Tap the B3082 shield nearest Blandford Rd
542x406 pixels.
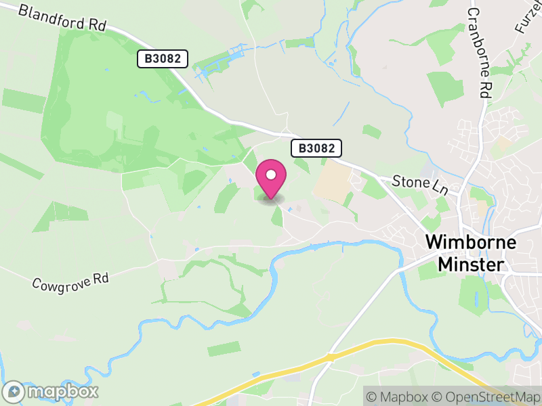click(163, 59)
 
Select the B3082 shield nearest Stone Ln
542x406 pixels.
click(316, 148)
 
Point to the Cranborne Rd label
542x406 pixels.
click(478, 53)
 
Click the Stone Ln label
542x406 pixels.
click(421, 183)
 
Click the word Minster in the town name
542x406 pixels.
click(471, 264)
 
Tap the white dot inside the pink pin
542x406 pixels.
click(271, 175)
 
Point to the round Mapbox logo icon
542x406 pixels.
click(15, 391)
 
